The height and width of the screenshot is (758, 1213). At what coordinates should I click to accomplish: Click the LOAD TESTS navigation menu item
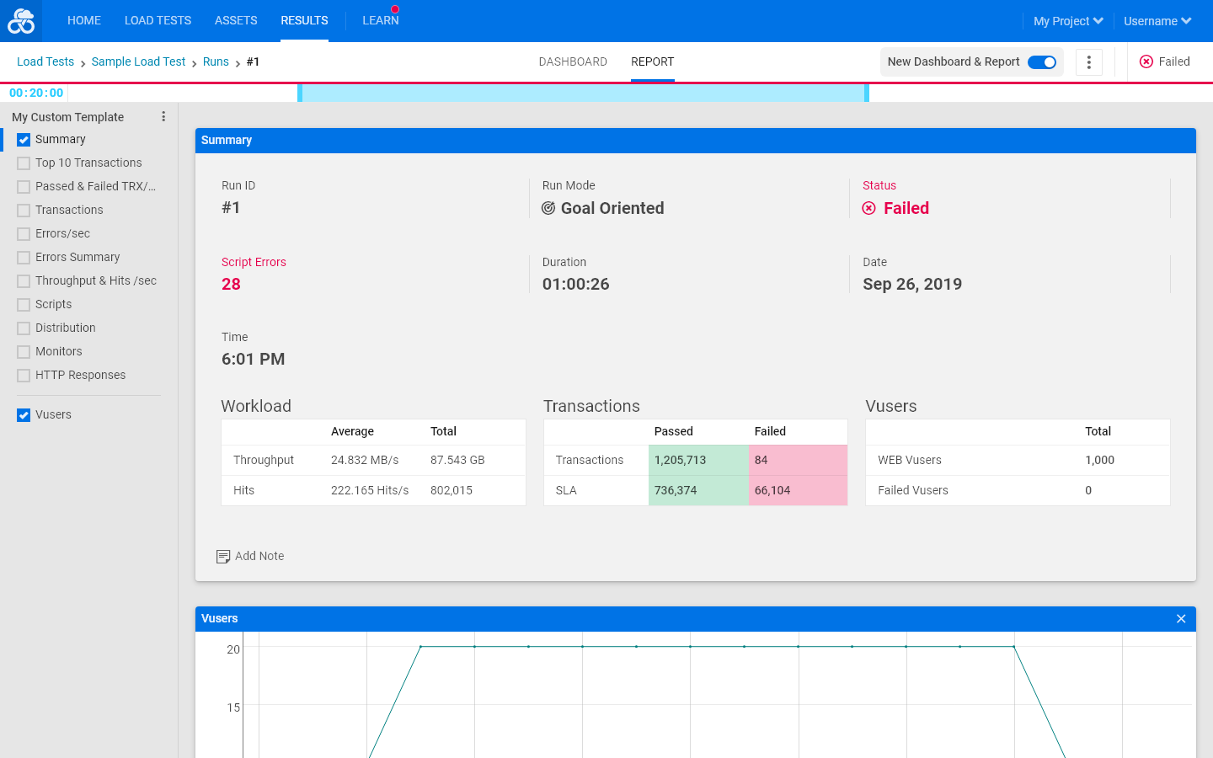pos(158,20)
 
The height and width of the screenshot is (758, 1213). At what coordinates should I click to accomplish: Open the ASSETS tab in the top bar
pos(236,20)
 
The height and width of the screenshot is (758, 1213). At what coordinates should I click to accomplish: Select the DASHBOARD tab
pos(573,61)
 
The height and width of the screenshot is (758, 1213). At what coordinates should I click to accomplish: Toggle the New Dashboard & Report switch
pos(1041,62)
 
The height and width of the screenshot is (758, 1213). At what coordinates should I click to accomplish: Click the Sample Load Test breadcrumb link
pos(138,61)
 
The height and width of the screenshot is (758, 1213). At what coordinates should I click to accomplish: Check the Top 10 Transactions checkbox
pos(24,163)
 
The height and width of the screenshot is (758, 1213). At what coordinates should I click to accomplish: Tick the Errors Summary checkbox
pos(24,257)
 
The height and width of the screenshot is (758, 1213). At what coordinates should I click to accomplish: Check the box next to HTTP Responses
pos(24,376)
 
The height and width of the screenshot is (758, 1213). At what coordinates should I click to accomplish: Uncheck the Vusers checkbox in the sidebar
pos(24,415)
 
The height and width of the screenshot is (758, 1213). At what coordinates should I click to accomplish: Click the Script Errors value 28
pos(231,285)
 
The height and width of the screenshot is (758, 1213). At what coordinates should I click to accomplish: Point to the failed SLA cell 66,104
pos(772,490)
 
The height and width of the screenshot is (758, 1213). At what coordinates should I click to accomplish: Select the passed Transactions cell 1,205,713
pos(680,460)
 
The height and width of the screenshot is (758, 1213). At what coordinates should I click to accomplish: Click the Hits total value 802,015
pos(452,490)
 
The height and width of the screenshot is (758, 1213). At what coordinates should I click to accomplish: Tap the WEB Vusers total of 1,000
pos(1099,460)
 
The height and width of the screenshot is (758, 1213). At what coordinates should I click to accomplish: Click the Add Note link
pos(250,556)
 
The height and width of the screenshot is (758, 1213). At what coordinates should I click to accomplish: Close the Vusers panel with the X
pos(1181,619)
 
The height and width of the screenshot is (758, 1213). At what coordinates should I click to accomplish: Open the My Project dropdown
pos(1068,21)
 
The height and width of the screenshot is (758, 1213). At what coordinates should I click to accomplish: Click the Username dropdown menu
pos(1157,21)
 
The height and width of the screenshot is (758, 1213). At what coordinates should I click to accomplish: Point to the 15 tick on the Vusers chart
pos(233,707)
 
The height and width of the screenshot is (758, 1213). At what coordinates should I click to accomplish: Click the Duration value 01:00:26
pos(575,285)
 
